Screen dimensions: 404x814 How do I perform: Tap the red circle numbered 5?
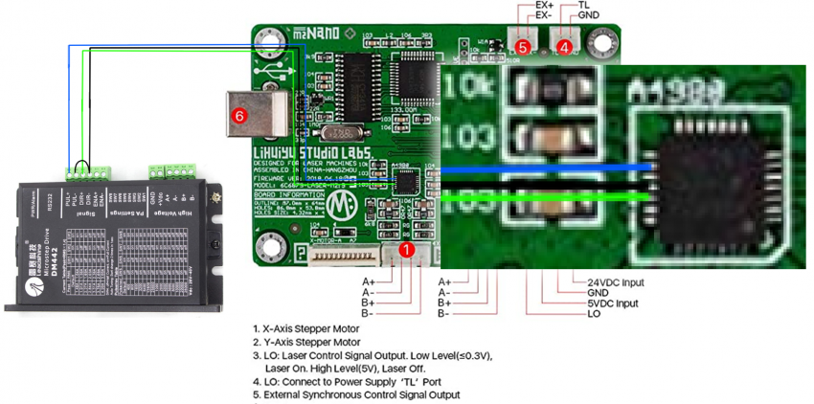coord(522,45)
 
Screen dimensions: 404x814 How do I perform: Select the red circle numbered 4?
coord(564,45)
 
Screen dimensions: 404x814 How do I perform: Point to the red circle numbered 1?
coord(406,250)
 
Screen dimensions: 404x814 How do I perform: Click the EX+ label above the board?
coord(544,5)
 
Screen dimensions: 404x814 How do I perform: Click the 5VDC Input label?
coord(616,303)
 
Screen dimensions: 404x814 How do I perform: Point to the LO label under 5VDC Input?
coord(594,314)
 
